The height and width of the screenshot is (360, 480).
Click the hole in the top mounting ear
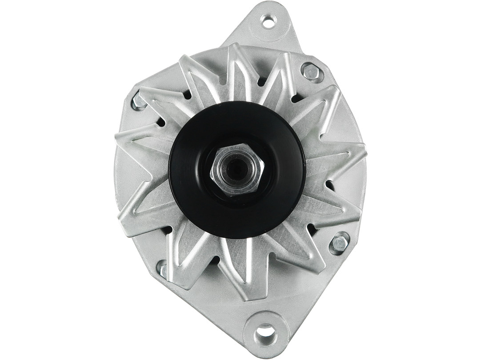(268, 20)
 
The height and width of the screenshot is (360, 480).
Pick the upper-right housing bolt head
(311, 72)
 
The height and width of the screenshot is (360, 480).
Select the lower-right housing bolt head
(340, 243)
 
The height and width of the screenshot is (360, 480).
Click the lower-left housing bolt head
(163, 269)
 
